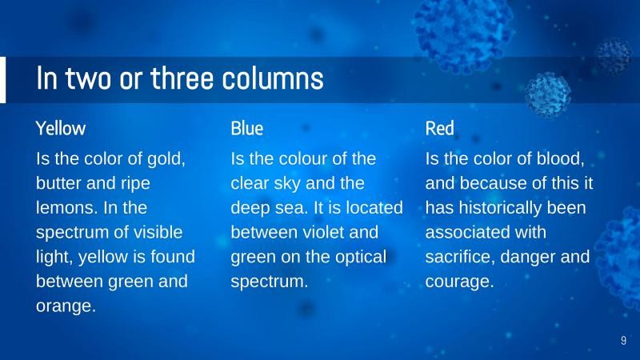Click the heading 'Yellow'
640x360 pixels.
tap(61, 128)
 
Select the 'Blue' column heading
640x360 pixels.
tap(246, 128)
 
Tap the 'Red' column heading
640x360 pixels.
tap(439, 128)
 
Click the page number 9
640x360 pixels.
tap(623, 342)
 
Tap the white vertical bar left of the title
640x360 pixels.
tap(2, 80)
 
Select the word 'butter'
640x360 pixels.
tap(60, 183)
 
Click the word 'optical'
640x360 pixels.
tap(357, 258)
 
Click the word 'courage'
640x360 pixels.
tap(458, 282)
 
